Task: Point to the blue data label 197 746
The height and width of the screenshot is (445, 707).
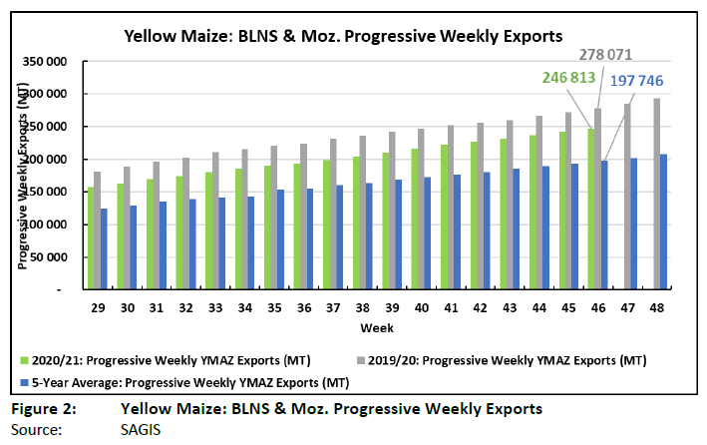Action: pos(629,81)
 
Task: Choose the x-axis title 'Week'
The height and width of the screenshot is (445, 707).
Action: pos(377,327)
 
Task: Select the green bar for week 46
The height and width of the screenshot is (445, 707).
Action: pos(590,209)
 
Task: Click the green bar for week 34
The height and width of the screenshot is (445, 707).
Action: pos(240,228)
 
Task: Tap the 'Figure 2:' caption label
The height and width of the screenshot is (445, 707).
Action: pos(38,409)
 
